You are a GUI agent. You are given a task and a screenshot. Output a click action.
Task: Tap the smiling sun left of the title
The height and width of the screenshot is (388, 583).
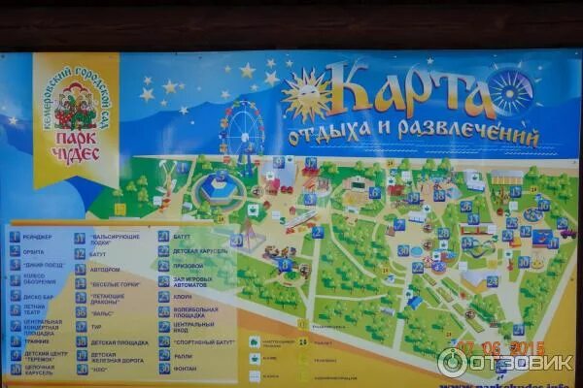pos(305,95)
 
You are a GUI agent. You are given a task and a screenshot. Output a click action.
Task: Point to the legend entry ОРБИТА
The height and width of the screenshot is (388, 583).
pos(37,251)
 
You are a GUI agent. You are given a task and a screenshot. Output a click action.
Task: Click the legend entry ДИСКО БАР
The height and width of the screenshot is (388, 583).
pos(40,297)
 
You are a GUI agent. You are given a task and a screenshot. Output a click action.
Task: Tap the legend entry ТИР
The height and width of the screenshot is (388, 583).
pos(96,327)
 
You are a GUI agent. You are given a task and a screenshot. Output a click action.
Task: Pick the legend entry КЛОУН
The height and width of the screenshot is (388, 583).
pos(186,297)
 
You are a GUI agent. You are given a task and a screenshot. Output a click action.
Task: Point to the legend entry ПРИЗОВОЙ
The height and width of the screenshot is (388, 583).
pos(189,266)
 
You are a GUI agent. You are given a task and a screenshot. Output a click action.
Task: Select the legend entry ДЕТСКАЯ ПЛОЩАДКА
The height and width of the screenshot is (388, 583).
pos(119,341)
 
